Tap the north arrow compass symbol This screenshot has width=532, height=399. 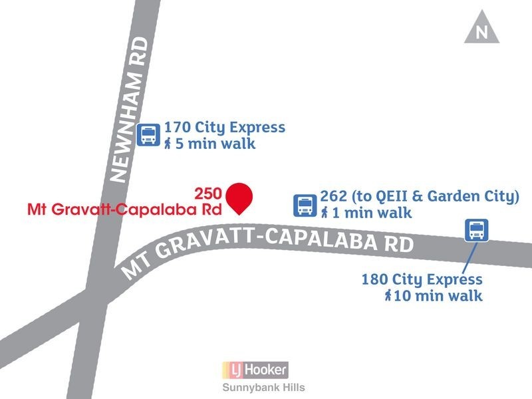[x=482, y=29]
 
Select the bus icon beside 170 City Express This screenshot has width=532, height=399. [x=148, y=134]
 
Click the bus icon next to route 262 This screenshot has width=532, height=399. [x=305, y=205]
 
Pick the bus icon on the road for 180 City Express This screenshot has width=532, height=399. [x=476, y=230]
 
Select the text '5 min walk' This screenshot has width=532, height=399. [x=215, y=144]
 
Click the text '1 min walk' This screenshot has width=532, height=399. [x=372, y=213]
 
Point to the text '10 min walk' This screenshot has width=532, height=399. [x=438, y=296]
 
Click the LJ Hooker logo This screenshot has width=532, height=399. [x=256, y=369]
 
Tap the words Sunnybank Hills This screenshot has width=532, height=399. [x=263, y=388]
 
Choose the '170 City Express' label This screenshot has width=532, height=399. [x=225, y=127]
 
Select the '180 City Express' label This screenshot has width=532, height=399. [x=422, y=279]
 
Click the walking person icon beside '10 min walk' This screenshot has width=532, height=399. [x=388, y=296]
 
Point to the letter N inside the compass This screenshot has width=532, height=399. [x=482, y=33]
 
